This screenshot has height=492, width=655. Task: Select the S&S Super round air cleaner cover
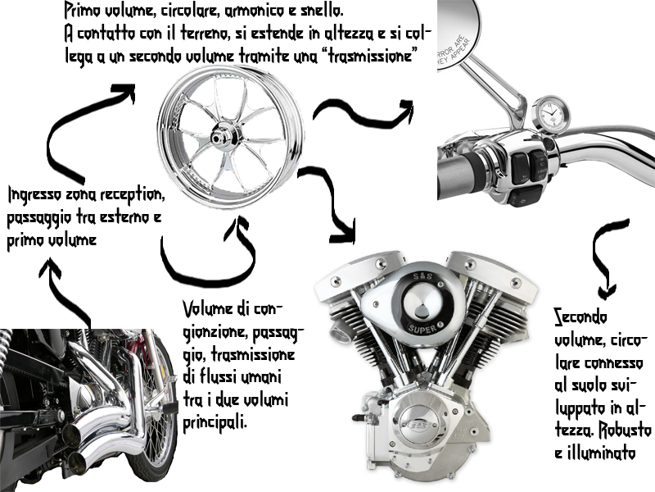[418, 304]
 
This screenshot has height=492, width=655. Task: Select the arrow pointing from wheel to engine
[332, 205]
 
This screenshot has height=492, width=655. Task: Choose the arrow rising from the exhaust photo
[65, 291]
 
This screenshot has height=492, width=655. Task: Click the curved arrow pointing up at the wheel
[205, 254]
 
